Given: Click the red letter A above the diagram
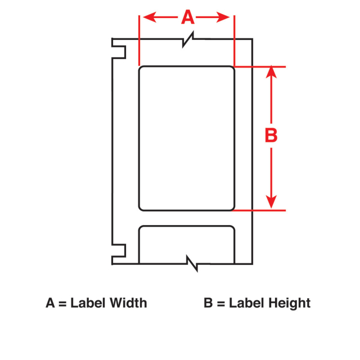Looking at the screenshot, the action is tap(188, 17).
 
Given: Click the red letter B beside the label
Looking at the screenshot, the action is tap(271, 135).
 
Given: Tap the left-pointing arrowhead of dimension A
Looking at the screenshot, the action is tap(150, 17).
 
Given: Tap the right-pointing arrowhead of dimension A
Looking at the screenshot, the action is tap(223, 17).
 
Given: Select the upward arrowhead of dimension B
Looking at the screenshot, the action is tap(271, 72).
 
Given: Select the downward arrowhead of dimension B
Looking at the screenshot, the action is tap(271, 202).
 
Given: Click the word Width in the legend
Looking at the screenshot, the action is tap(128, 303).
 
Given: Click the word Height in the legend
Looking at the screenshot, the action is tap(290, 303).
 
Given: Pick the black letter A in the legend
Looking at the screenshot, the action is tap(50, 303).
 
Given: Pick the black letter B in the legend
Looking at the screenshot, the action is tap(208, 303).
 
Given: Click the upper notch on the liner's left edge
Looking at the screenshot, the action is tap(119, 52).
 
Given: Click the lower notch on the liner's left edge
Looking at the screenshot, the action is tap(119, 250).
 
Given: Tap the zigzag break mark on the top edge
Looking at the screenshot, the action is tap(188, 39).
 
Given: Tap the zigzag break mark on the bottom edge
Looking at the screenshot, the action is tap(192, 263).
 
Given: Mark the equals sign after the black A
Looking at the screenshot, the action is tap(62, 304).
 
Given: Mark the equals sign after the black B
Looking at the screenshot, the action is tap(220, 304).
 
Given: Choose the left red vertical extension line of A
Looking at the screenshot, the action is tap(139, 40).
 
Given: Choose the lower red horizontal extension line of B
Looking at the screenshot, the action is tap(259, 210).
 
